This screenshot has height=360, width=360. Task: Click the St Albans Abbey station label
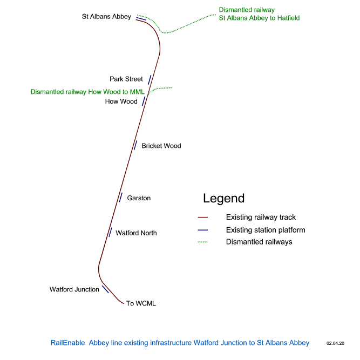(x=106, y=17)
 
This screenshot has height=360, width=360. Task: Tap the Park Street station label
(x=126, y=79)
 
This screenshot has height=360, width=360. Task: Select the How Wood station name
(x=121, y=101)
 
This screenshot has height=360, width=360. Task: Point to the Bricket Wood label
(x=161, y=146)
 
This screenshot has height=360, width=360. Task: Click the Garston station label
(x=139, y=198)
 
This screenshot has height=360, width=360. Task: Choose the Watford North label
(x=136, y=233)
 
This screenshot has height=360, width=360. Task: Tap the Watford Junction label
(x=74, y=289)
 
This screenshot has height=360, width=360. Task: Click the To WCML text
(x=141, y=303)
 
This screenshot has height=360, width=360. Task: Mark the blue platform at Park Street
(x=150, y=80)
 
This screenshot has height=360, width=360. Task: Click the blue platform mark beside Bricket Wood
(x=135, y=145)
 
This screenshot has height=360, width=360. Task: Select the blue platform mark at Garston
(x=120, y=198)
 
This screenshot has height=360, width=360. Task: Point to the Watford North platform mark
(x=110, y=232)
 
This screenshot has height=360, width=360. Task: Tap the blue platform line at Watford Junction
(x=105, y=289)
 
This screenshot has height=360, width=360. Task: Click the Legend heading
(x=224, y=198)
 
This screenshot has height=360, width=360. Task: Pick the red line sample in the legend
(x=203, y=217)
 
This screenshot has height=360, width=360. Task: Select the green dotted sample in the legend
(x=203, y=242)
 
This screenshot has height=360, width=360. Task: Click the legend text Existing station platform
(x=266, y=230)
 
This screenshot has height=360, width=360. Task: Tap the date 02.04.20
(x=335, y=343)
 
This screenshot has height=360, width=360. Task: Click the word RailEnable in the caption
(x=67, y=343)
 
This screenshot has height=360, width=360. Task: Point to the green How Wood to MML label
(x=87, y=92)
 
